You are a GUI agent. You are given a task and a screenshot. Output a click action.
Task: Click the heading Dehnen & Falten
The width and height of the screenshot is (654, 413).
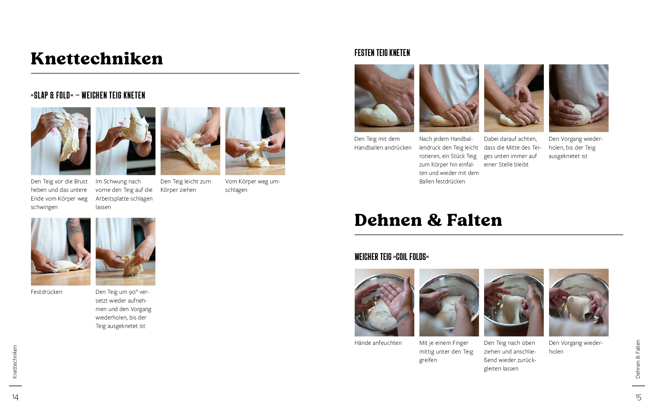428,220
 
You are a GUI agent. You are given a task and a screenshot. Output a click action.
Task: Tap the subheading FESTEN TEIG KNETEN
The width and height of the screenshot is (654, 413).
382,53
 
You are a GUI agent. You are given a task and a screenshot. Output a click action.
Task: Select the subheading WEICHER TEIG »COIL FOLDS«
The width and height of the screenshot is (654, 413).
391,257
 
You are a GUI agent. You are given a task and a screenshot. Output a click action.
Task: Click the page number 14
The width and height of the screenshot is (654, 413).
15,397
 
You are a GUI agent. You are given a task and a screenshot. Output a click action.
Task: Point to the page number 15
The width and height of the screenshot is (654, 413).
638,397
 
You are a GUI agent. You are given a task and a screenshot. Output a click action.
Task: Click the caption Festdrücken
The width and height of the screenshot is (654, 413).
47,292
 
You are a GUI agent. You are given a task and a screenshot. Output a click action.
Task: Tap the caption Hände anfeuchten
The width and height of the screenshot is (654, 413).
378,343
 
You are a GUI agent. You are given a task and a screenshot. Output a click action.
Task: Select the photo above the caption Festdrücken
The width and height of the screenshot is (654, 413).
61,252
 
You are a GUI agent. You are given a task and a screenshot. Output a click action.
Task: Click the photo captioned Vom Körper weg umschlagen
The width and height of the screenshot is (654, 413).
255,141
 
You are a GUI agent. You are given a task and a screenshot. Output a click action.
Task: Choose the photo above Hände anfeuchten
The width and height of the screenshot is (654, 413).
384,303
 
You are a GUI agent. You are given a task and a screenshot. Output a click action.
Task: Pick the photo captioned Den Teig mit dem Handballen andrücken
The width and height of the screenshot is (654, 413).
384,98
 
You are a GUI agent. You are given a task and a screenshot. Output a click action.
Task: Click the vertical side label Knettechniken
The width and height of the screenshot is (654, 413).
15,362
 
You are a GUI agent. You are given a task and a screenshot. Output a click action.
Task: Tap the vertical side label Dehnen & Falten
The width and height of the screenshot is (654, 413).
638,359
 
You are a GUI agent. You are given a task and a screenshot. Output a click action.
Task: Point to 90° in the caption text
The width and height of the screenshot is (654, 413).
133,292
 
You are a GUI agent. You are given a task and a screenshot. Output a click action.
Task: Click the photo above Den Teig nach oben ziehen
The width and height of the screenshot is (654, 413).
514,303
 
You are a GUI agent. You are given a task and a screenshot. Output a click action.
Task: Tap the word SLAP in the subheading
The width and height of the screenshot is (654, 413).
41,95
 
